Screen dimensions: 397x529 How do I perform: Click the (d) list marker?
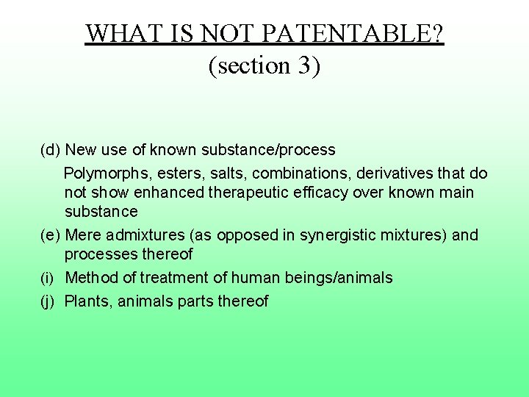coord(50,151)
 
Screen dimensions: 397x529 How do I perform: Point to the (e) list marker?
coord(50,236)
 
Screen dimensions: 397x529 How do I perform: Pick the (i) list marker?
coord(47,279)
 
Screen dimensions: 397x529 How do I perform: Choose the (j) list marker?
coord(47,301)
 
